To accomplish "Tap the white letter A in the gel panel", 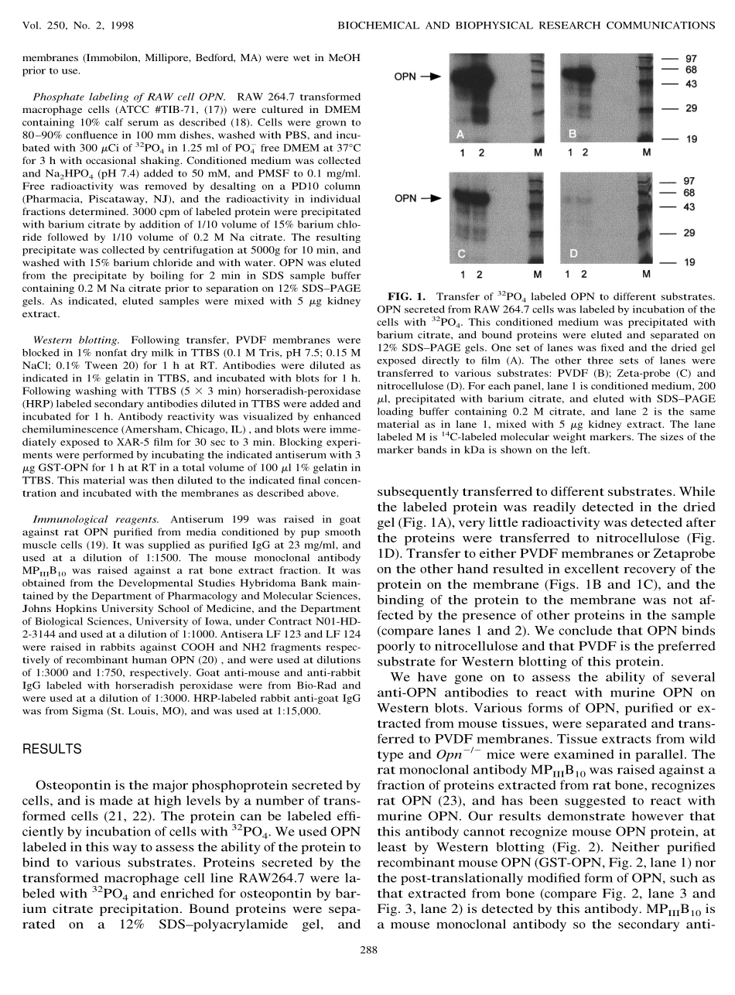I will pos(460,133).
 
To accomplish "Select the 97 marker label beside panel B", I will pos(691,59).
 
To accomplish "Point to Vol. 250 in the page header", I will pos(41,25).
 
